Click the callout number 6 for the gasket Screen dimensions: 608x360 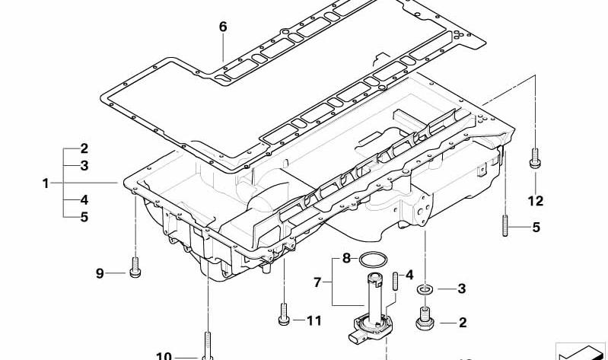coord(222,27)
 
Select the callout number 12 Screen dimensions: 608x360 coord(536,201)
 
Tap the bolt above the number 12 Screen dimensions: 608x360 coord(535,158)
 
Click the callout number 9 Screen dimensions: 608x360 coord(100,273)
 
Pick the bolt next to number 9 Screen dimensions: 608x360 coord(135,268)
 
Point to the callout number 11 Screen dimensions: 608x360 coord(314,321)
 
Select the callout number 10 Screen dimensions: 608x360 coord(164,355)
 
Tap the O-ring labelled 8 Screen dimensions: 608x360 coord(373,259)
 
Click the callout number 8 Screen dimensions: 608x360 coord(346,258)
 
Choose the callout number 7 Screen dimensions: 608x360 coord(317,282)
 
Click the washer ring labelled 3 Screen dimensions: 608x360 coord(425,289)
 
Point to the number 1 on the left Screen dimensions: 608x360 coord(46,183)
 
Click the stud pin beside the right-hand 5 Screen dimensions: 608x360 coord(505,226)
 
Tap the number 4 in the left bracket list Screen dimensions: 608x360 coord(84,200)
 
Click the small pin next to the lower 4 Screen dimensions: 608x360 coord(395,281)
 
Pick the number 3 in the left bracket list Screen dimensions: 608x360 coord(84,166)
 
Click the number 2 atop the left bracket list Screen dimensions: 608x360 coord(84,148)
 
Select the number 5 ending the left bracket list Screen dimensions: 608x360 coord(84,217)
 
